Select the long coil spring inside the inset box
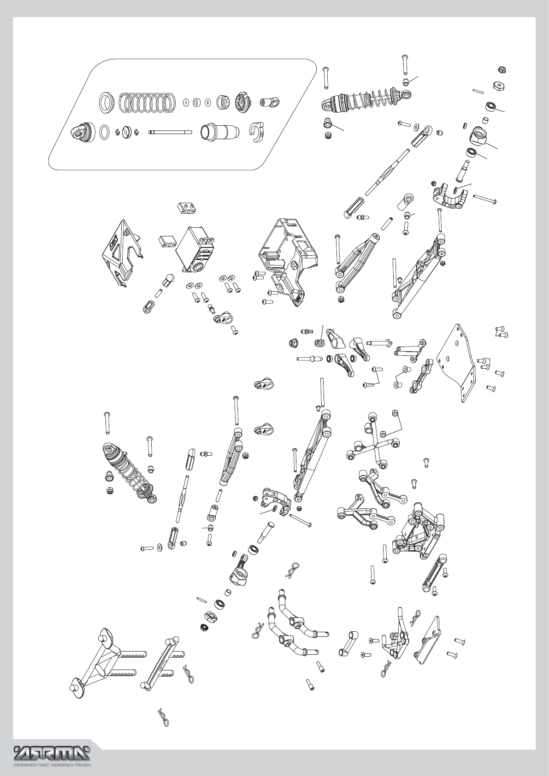(147, 102)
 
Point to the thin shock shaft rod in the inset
(170, 132)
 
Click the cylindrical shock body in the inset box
(220, 132)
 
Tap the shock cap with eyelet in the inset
(83, 132)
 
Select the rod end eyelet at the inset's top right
(270, 103)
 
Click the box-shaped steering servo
(196, 249)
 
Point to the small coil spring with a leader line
(319, 343)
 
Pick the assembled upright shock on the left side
(129, 473)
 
